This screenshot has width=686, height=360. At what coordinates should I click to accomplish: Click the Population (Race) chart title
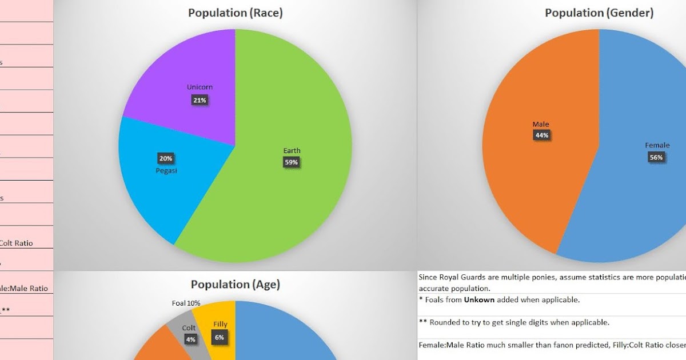(236, 13)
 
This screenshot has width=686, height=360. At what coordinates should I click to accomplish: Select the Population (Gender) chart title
(599, 13)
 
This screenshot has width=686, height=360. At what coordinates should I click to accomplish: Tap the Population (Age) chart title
(236, 285)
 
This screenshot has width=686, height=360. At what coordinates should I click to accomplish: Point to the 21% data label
(200, 100)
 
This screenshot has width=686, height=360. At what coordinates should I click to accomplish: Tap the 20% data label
(166, 158)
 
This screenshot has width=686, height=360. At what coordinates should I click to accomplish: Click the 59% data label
(292, 162)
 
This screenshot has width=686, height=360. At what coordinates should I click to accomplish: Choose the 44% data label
(541, 135)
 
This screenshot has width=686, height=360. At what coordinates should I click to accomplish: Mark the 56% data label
(656, 157)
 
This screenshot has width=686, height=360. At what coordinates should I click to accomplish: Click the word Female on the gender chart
(657, 146)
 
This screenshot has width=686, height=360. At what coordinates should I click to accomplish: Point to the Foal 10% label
(186, 303)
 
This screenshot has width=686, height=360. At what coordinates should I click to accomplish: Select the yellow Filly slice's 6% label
(220, 337)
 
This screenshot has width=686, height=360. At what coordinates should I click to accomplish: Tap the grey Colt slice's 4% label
(190, 339)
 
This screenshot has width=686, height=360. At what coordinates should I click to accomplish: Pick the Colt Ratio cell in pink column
(16, 243)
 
